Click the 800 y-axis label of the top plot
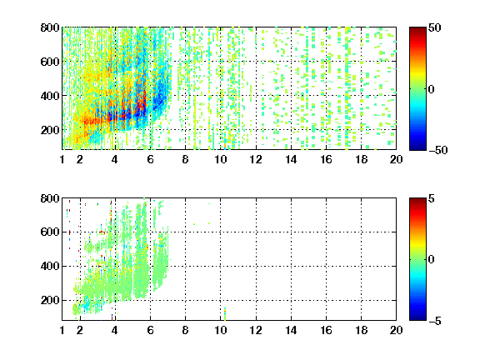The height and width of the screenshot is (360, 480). pyautogui.click(x=50, y=27)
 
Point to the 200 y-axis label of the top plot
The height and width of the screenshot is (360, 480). pyautogui.click(x=50, y=130)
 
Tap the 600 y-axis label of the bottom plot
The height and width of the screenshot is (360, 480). pyautogui.click(x=50, y=232)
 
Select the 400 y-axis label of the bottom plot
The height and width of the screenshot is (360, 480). pyautogui.click(x=50, y=266)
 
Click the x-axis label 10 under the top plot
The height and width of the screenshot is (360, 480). pyautogui.click(x=220, y=159)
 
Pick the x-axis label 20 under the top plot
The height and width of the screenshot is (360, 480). pyautogui.click(x=396, y=159)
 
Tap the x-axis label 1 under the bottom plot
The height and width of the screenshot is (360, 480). pyautogui.click(x=62, y=330)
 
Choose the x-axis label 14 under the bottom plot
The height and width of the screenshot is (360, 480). pyautogui.click(x=291, y=330)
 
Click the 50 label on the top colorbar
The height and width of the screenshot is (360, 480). pyautogui.click(x=435, y=27)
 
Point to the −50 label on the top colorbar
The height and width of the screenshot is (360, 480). pyautogui.click(x=438, y=150)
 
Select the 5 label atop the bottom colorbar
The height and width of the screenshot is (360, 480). pyautogui.click(x=432, y=198)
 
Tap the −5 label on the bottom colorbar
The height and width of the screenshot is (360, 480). pyautogui.click(x=435, y=321)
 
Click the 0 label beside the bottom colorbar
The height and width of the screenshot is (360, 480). pyautogui.click(x=432, y=260)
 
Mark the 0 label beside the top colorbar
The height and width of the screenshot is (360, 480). pyautogui.click(x=432, y=89)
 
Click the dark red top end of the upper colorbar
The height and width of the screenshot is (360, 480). pyautogui.click(x=417, y=30)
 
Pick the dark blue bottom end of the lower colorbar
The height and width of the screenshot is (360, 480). pyautogui.click(x=417, y=317)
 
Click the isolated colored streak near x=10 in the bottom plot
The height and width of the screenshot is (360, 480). pyautogui.click(x=225, y=314)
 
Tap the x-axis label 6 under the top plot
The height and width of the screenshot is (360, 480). pyautogui.click(x=150, y=159)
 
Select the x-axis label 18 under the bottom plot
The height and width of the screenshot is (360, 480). pyautogui.click(x=361, y=330)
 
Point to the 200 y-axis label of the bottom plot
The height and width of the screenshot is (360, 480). pyautogui.click(x=50, y=300)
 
